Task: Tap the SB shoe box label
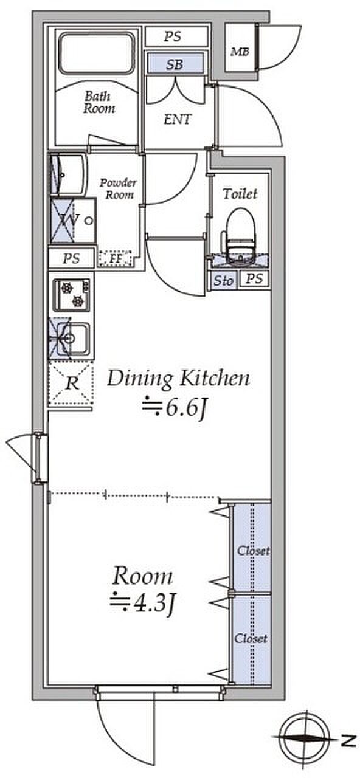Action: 175,64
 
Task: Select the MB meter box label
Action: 240,52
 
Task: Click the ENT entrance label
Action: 178,120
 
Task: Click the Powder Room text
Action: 118,188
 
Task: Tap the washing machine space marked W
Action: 73,220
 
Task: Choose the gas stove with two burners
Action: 71,295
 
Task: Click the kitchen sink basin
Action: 73,339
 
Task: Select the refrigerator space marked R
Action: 71,384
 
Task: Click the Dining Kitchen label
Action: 178,379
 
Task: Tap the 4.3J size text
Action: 142,604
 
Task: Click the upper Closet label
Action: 253,551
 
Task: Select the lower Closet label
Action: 251,638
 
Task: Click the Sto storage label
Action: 223,280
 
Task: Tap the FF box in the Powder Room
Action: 116,259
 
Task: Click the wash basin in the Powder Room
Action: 67,174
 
